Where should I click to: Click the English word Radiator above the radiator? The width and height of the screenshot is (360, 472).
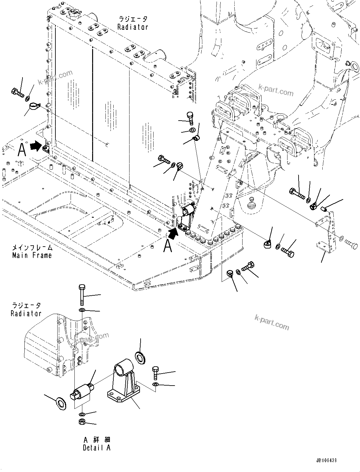point(132,27)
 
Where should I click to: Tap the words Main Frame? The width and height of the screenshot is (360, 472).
point(32,255)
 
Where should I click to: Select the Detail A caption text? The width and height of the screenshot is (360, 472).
point(97,448)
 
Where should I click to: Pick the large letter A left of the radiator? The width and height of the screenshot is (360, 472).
point(22,150)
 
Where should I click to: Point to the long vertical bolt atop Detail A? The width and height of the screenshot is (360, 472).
point(81,294)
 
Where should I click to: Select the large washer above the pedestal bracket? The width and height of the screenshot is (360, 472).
point(140,356)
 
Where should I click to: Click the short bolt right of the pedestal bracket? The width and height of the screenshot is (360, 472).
point(155,373)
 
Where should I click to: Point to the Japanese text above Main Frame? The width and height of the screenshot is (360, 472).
point(32,247)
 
